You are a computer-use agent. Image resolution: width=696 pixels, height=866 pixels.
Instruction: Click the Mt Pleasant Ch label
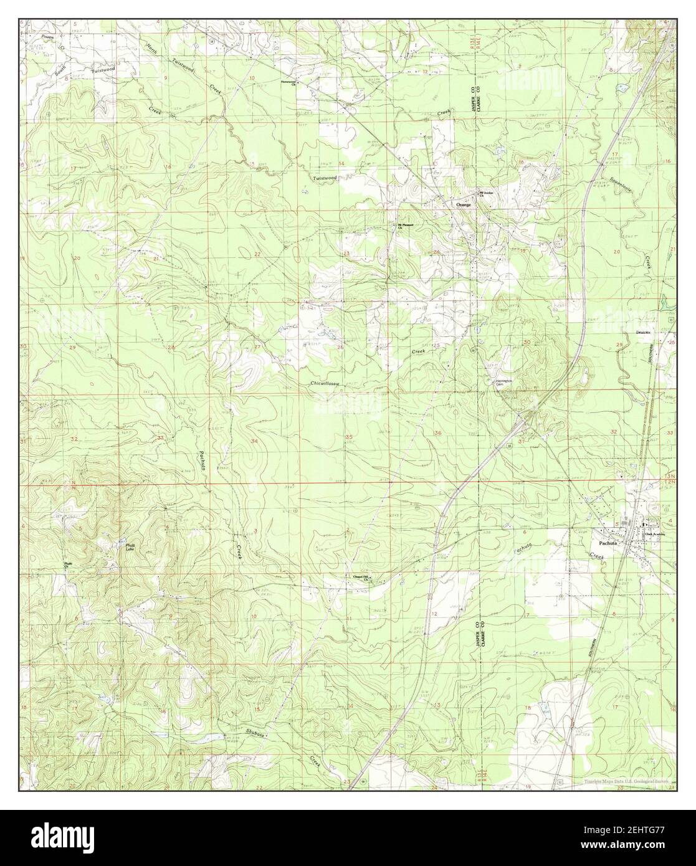pos(406,226)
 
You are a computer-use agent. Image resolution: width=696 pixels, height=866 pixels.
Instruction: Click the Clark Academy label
pos(656,534)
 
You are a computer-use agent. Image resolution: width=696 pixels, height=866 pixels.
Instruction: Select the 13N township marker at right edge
pos(672,476)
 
